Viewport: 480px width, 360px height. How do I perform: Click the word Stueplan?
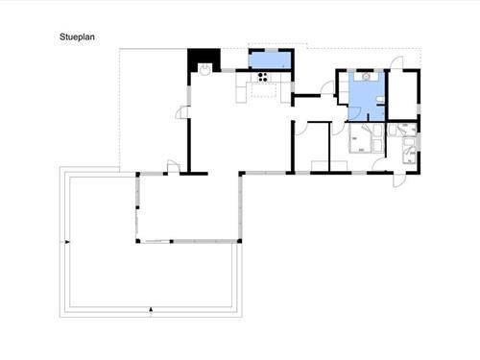coord(77,36)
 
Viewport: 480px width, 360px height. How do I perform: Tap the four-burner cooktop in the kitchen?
coord(263,77)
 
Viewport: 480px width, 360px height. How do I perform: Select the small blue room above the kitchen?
coord(270,60)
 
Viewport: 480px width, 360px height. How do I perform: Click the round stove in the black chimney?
coord(204,69)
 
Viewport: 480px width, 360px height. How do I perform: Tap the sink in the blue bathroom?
coord(366,76)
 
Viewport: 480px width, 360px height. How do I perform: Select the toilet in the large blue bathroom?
coord(380,100)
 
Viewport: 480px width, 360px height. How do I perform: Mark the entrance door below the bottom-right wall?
coord(399,180)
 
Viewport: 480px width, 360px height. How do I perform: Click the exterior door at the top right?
coord(397,62)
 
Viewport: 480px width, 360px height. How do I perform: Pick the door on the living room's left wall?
coord(182,112)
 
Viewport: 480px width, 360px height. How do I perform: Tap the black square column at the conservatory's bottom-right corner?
coord(239,241)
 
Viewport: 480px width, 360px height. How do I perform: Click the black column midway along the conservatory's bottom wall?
coord(172,241)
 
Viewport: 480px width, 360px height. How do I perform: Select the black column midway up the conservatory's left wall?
coord(137,207)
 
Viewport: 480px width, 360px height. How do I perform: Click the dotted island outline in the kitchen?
coord(263,89)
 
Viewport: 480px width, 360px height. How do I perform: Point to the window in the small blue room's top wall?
coord(272,50)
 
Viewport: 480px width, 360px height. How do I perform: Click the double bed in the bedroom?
coord(361,138)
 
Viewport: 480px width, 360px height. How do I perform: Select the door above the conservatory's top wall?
coord(174,166)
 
